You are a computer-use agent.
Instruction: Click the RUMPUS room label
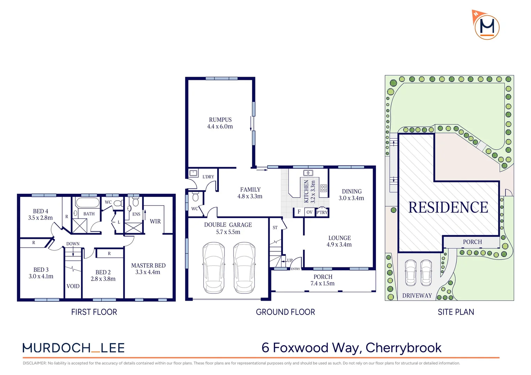[x=220, y=120]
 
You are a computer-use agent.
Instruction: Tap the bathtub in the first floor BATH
[x=87, y=203]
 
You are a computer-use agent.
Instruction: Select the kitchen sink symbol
[x=308, y=173]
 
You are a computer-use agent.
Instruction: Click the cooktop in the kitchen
[x=324, y=188]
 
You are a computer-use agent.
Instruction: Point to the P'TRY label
[x=322, y=212]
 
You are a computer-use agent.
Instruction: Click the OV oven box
[x=310, y=212]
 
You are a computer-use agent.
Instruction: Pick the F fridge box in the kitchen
[x=299, y=212]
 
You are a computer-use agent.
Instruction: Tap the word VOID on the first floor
[x=73, y=286]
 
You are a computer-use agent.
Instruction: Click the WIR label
[x=155, y=221]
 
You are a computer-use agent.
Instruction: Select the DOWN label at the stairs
[x=73, y=244]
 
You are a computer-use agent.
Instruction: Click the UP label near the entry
[x=290, y=260]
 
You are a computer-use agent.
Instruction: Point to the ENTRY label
[x=295, y=269]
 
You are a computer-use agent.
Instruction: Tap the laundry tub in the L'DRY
[x=194, y=173]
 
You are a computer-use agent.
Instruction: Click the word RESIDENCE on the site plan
[x=448, y=207]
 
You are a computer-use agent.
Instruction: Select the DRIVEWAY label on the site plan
[x=417, y=295]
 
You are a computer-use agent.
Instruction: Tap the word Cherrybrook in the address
[x=403, y=348]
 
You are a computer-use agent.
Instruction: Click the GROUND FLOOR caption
[x=285, y=312]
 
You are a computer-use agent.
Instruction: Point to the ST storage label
[x=275, y=228]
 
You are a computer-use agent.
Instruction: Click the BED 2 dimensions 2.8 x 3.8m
[x=103, y=279]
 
